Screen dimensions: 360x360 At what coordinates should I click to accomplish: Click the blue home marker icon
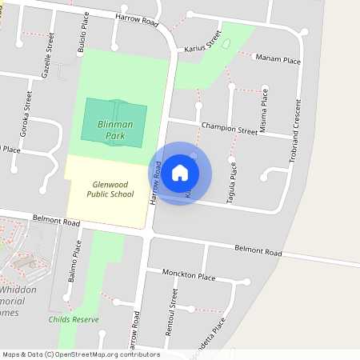pos(180,173)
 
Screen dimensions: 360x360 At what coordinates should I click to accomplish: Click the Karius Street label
pos(203,42)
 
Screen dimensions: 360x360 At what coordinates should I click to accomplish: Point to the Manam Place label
pos(278,58)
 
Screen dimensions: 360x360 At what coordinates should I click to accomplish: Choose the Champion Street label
pos(230,127)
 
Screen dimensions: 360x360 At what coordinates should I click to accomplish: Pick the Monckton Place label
pos(189,277)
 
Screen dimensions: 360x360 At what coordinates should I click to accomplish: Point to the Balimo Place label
pos(77,264)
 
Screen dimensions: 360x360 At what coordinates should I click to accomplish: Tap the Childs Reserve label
pos(73,319)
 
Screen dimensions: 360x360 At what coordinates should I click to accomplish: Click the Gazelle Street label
pos(48,56)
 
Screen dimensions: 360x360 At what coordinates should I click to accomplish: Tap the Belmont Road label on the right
pos(258,250)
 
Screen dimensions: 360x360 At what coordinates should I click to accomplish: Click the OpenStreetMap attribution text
pos(80,354)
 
